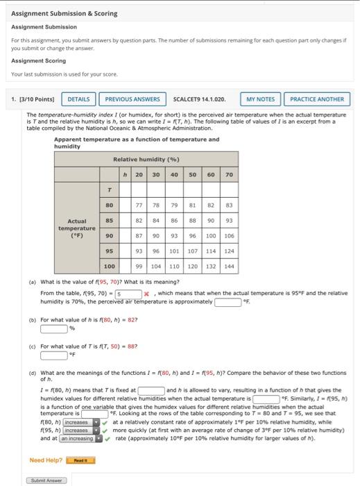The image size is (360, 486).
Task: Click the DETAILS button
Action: pyautogui.click(x=78, y=99)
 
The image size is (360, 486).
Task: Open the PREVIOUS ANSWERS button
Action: pyautogui.click(x=132, y=99)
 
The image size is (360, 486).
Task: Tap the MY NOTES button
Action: pyautogui.click(x=260, y=99)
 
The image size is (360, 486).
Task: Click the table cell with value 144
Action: pyautogui.click(x=229, y=266)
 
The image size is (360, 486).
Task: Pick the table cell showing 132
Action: pyautogui.click(x=210, y=266)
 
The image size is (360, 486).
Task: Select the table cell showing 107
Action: pyautogui.click(x=193, y=251)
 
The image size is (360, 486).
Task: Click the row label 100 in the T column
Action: pyautogui.click(x=110, y=266)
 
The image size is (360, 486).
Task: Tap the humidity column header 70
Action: pyautogui.click(x=229, y=155)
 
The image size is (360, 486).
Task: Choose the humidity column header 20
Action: pyautogui.click(x=139, y=155)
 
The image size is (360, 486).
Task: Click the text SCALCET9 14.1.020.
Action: pyautogui.click(x=200, y=99)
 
